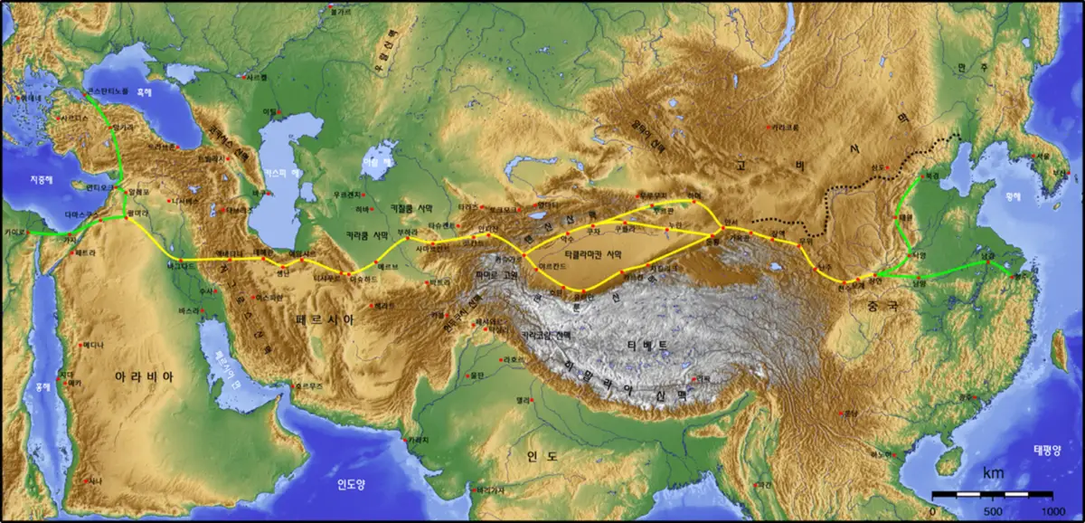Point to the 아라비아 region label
click(x=143, y=376)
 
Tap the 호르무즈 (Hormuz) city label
click(x=308, y=386)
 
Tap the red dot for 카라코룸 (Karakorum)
click(x=769, y=128)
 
